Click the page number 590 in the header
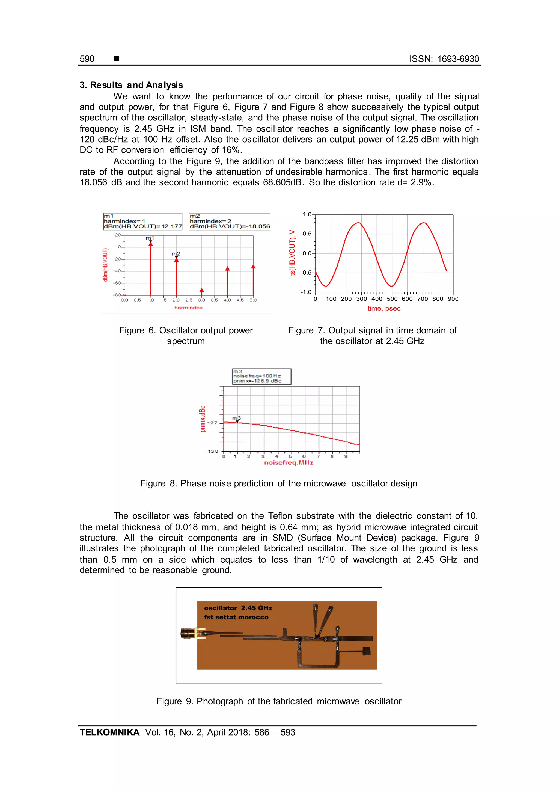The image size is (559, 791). click(x=87, y=59)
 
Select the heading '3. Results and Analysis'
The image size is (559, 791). click(x=131, y=85)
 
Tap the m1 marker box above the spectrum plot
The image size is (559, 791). click(x=142, y=222)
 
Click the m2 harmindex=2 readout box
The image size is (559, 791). click(x=230, y=222)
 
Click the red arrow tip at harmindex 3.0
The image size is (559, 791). click(x=202, y=290)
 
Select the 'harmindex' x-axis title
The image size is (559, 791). click(x=188, y=308)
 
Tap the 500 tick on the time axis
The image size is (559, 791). click(x=392, y=299)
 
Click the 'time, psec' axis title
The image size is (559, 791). click(x=384, y=308)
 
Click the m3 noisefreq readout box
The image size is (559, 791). click(x=261, y=376)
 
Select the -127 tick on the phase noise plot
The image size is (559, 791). click(x=212, y=423)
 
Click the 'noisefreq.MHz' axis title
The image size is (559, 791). click(x=289, y=463)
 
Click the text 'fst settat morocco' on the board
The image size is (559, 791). click(x=236, y=617)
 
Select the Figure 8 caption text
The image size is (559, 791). click(x=278, y=483)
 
